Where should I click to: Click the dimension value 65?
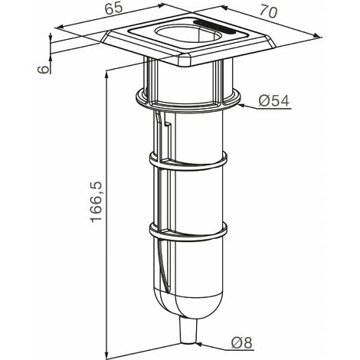tap(114, 9)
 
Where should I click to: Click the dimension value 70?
tap(268, 11)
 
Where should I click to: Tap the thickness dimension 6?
tap(43, 70)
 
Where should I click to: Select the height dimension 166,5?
tap(97, 201)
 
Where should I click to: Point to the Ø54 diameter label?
tap(273, 101)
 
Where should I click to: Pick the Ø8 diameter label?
tap(241, 342)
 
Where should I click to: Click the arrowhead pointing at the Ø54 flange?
tap(244, 105)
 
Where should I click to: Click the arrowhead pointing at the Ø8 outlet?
tap(201, 345)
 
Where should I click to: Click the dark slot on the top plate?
tap(214, 27)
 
